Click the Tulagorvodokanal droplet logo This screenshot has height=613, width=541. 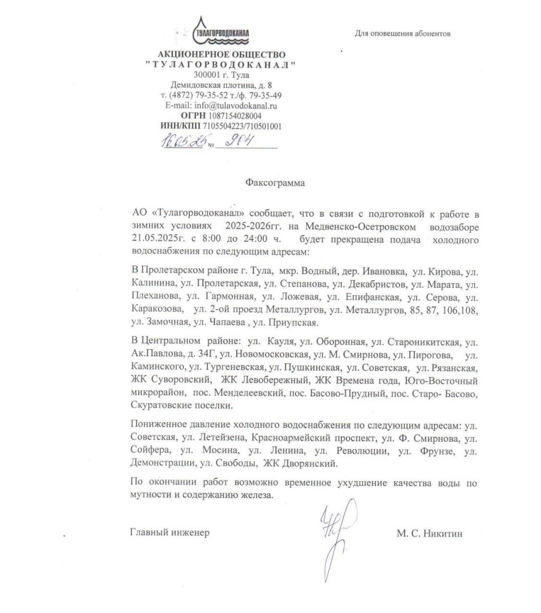coord(219,33)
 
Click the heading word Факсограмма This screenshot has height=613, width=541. coord(275,183)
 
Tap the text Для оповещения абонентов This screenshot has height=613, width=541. coord(402,34)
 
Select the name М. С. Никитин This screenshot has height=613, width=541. coord(429,532)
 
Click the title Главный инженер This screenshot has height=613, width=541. coord(171,532)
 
